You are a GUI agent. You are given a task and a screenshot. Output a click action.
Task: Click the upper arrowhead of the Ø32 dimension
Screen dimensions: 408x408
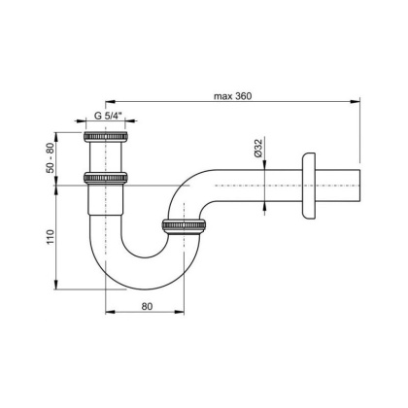[269, 166]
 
